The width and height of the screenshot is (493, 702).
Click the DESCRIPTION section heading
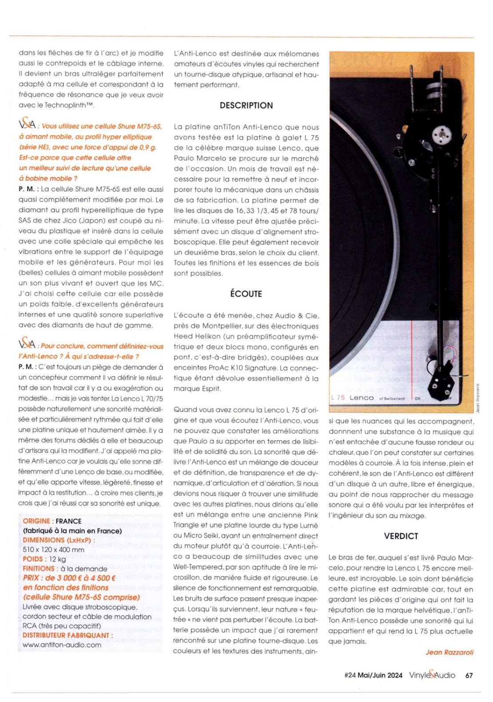(x=246, y=105)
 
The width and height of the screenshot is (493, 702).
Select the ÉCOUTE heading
(x=246, y=294)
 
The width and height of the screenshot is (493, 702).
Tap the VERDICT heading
(x=401, y=536)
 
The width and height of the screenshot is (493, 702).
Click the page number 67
(x=469, y=675)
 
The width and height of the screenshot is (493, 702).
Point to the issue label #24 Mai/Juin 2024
(x=373, y=675)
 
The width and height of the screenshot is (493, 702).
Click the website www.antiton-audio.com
(x=62, y=645)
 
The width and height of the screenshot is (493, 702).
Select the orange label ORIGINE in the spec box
(x=37, y=521)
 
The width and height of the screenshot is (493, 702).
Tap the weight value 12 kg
(x=57, y=559)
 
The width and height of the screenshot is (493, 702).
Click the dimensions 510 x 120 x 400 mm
(x=53, y=550)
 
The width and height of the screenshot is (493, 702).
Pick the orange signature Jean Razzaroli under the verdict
(x=449, y=652)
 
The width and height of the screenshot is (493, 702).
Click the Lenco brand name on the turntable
(x=362, y=398)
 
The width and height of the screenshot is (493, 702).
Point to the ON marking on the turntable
(x=417, y=399)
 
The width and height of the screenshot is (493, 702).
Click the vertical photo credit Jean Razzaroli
(x=478, y=398)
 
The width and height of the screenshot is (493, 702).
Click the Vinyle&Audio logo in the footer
(x=432, y=675)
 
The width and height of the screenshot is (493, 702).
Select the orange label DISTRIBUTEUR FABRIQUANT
(x=68, y=635)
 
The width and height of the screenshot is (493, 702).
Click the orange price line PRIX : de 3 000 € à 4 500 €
(x=69, y=578)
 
